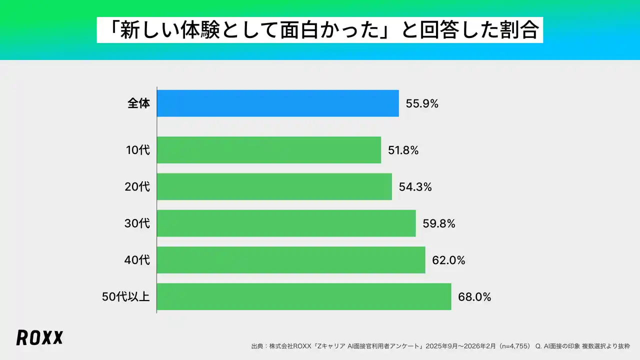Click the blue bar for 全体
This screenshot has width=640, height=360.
coord(277,103)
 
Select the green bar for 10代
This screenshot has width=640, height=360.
coord(269,150)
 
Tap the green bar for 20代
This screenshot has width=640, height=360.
coord(274,186)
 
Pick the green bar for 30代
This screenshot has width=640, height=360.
coord(286,223)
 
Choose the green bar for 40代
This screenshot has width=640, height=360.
coord(291,260)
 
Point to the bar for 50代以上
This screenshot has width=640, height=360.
coord(304,296)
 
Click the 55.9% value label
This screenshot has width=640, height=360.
coord(422,104)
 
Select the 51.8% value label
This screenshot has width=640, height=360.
coord(403,150)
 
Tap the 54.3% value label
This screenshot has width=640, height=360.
coord(415,187)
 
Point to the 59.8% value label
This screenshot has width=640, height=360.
coord(438,223)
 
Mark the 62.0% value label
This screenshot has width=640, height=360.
coord(448,260)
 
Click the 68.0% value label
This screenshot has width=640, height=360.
coord(474,297)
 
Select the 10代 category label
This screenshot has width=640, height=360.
coord(137,150)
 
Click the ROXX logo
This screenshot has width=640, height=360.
coord(39,337)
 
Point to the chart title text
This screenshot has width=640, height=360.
coord(320,30)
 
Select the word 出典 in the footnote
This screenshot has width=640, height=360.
coord(257,346)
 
